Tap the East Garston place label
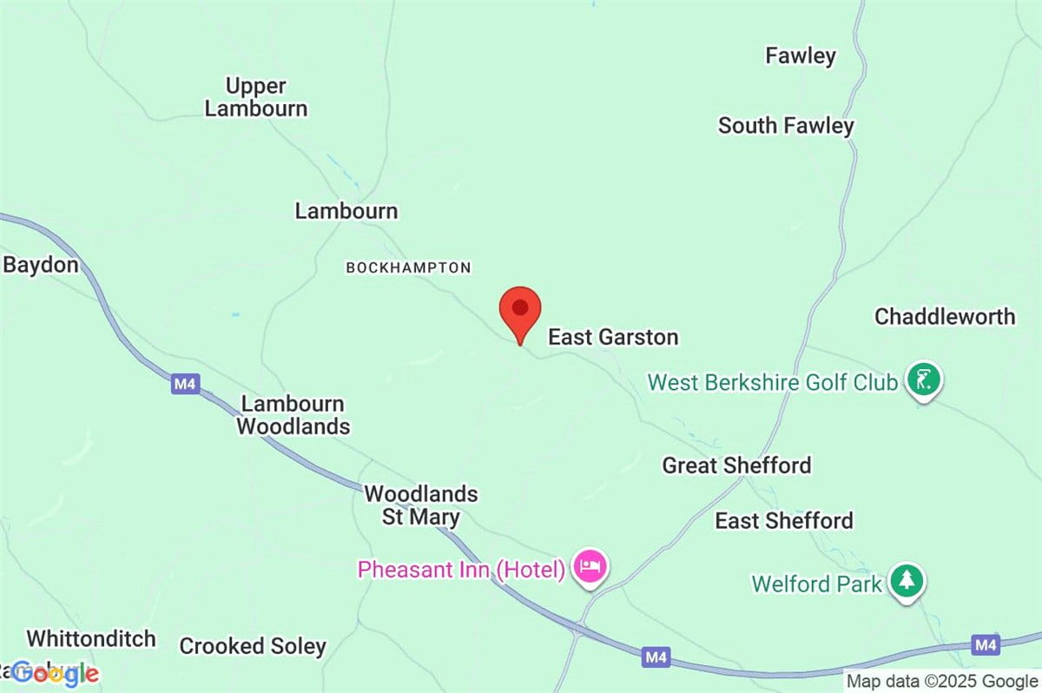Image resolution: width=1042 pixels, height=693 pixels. click(613, 337)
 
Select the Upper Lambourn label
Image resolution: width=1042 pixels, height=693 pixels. click(256, 97)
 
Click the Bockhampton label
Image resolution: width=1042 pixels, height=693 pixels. click(408, 268)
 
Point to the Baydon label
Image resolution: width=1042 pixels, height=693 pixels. click(41, 265)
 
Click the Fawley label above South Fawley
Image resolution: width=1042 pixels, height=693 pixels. click(800, 56)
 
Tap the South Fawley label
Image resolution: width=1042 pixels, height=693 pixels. click(786, 126)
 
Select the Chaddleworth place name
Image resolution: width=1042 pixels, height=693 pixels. click(945, 316)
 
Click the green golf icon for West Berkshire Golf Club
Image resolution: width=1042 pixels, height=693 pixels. click(924, 379)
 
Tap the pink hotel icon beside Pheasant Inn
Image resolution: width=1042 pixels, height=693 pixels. click(590, 568)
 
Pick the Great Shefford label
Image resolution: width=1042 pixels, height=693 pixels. click(736, 465)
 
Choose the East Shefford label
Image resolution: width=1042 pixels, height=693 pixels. click(783, 521)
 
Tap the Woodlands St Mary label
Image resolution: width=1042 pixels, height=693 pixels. click(421, 505)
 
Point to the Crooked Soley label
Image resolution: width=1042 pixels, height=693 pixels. click(253, 646)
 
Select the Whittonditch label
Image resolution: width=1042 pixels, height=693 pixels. click(91, 639)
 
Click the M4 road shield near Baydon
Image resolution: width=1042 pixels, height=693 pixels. click(184, 384)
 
